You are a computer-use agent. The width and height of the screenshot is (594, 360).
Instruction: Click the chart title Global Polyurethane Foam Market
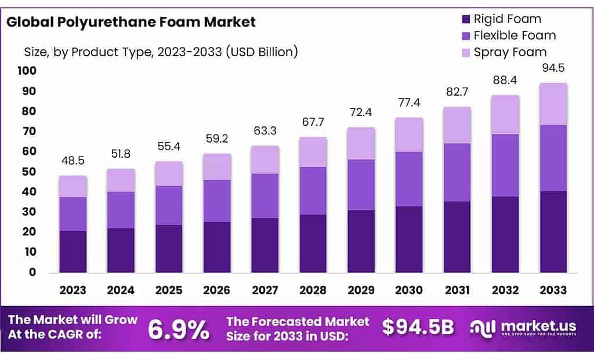(x=131, y=23)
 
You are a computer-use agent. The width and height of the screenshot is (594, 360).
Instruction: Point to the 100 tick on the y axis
(x=27, y=71)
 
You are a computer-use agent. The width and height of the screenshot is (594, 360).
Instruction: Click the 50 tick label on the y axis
(x=29, y=172)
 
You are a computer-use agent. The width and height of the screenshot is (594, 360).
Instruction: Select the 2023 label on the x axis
(x=73, y=290)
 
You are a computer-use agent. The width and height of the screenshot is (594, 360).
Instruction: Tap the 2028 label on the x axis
(x=313, y=290)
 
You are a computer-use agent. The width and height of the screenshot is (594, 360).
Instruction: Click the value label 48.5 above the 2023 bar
(x=73, y=159)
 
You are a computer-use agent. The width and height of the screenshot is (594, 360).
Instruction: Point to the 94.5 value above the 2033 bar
(x=553, y=67)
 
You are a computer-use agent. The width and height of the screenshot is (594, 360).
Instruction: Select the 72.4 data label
(x=361, y=111)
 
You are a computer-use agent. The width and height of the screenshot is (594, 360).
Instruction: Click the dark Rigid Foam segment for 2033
(x=553, y=232)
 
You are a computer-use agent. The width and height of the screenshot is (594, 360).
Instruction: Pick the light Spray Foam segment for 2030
(x=410, y=134)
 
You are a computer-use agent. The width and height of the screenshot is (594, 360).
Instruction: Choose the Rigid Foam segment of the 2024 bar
(x=121, y=250)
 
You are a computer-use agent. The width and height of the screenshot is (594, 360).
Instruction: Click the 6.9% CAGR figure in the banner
(x=179, y=330)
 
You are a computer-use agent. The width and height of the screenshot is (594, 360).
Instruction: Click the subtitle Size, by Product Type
(x=161, y=52)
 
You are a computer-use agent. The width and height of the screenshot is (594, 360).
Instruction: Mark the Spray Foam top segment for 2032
(x=505, y=115)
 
